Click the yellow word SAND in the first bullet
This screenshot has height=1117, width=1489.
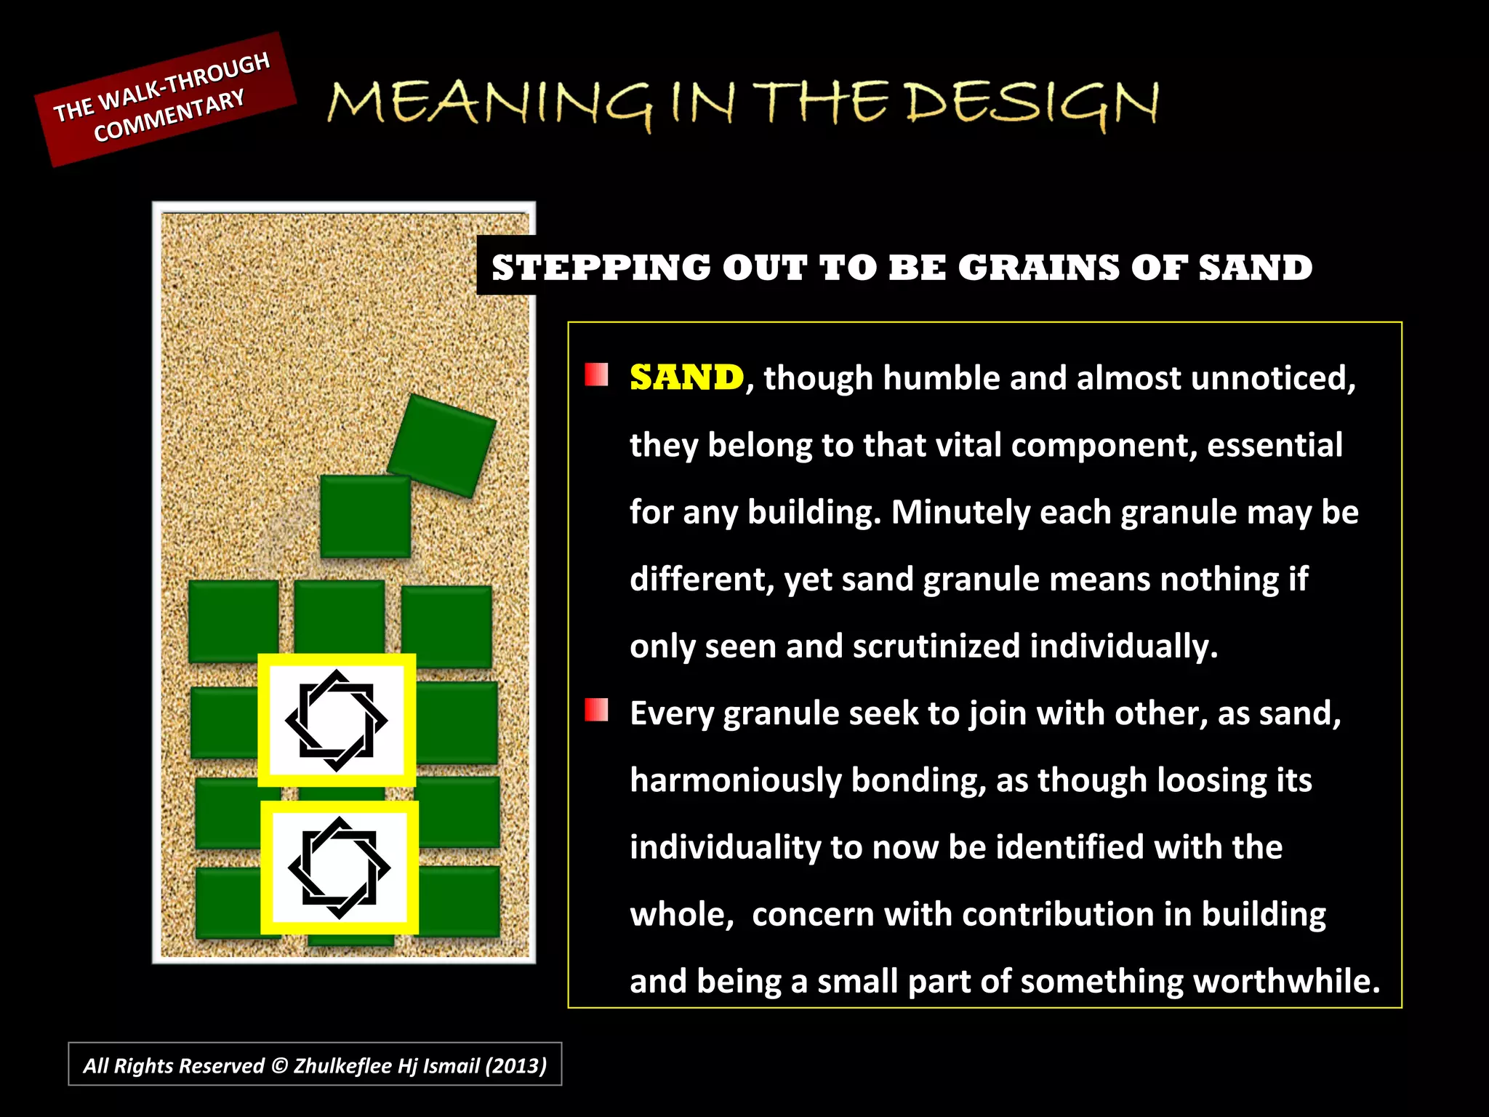point(686,377)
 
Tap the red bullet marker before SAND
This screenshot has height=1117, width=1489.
point(596,375)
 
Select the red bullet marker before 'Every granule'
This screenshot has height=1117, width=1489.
point(596,710)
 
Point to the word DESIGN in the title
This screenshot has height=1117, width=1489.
point(1032,103)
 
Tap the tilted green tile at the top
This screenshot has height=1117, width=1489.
point(442,445)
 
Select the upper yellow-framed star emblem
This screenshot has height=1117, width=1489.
point(337,720)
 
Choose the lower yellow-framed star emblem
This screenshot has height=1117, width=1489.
point(340,867)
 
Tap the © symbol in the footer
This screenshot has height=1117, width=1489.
point(279,1065)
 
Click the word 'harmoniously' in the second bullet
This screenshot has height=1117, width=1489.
point(735,780)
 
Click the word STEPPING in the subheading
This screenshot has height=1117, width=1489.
point(601,268)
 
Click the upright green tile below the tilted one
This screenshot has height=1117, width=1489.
point(366,516)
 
